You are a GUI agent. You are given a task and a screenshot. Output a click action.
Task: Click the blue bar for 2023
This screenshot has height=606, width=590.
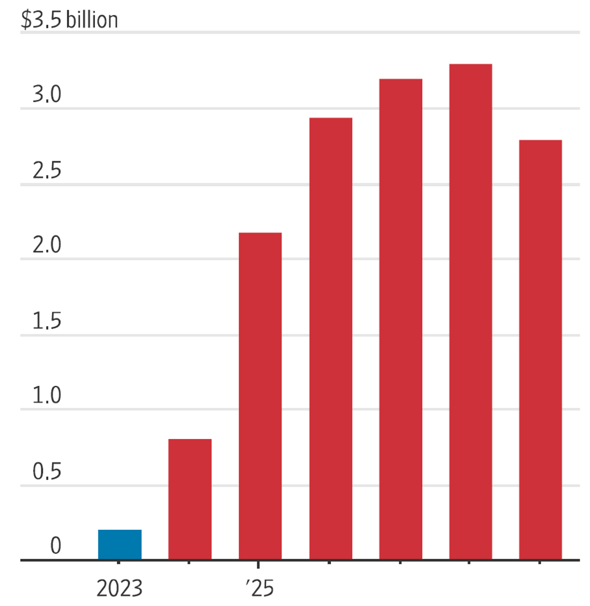[x=119, y=545]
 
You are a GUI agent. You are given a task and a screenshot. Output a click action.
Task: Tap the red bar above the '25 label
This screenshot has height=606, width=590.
[x=260, y=396]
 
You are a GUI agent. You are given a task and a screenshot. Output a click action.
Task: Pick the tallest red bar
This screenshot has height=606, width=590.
[x=471, y=312]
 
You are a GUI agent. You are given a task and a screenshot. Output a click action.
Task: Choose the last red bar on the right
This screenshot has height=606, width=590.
[x=540, y=350]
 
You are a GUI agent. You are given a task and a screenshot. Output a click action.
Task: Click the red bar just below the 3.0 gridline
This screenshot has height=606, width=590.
[x=330, y=339]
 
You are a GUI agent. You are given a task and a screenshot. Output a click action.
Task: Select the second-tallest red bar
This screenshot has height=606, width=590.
[x=401, y=319]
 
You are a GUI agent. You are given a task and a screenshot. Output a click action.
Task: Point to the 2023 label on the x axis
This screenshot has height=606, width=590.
[x=119, y=588]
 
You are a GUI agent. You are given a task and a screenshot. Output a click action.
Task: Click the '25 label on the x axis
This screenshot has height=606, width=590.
[x=260, y=588]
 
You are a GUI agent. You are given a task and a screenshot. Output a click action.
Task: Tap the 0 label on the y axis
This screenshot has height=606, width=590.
[x=56, y=546]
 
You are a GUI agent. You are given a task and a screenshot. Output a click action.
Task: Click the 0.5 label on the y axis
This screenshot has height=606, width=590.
[x=47, y=471]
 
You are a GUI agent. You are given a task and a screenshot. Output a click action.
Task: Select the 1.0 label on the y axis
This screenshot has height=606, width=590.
[x=47, y=395]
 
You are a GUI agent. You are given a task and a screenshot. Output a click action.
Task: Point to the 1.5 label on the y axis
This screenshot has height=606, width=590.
[x=47, y=321]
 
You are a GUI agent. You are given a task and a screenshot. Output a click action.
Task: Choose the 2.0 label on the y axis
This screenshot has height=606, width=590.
[x=47, y=245]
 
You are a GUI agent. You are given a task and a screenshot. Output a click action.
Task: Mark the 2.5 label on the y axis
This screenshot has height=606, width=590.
[x=47, y=171]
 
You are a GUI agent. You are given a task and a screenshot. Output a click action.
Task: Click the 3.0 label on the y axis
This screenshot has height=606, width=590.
[x=47, y=94]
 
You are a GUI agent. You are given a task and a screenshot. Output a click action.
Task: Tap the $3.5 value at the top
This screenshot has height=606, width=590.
[x=41, y=20]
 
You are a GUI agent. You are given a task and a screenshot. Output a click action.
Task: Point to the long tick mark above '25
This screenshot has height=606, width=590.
[x=258, y=565]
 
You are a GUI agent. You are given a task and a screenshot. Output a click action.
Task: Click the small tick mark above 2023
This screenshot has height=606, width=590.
[x=118, y=563]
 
